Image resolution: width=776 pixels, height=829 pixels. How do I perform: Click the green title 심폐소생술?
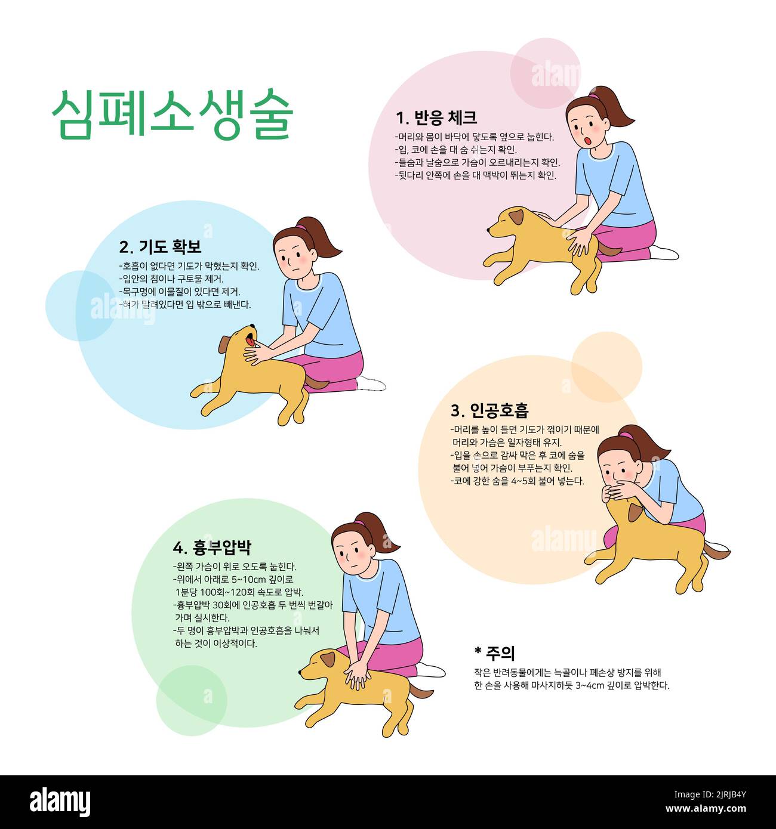tap(172, 115)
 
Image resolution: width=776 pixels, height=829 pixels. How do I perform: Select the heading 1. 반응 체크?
tap(436, 117)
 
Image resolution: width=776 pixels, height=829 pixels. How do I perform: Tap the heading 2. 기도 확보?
tap(160, 247)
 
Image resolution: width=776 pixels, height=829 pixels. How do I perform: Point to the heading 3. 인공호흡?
tap(489, 410)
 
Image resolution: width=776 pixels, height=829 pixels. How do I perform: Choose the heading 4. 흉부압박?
tap(212, 547)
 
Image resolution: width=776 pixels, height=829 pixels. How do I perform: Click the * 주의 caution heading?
tap(494, 653)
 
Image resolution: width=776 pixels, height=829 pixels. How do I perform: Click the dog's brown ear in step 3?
tap(634, 512)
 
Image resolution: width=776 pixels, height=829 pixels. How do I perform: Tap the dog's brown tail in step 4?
tap(421, 691)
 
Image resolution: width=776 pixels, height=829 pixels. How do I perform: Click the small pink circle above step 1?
tap(545, 73)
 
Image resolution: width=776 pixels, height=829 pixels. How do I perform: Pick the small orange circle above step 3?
tap(606, 366)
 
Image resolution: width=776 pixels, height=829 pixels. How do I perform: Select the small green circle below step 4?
tap(191, 700)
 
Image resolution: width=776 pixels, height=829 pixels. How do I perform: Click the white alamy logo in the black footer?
tap(60, 802)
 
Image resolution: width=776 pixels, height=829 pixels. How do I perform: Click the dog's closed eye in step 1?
tap(508, 219)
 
